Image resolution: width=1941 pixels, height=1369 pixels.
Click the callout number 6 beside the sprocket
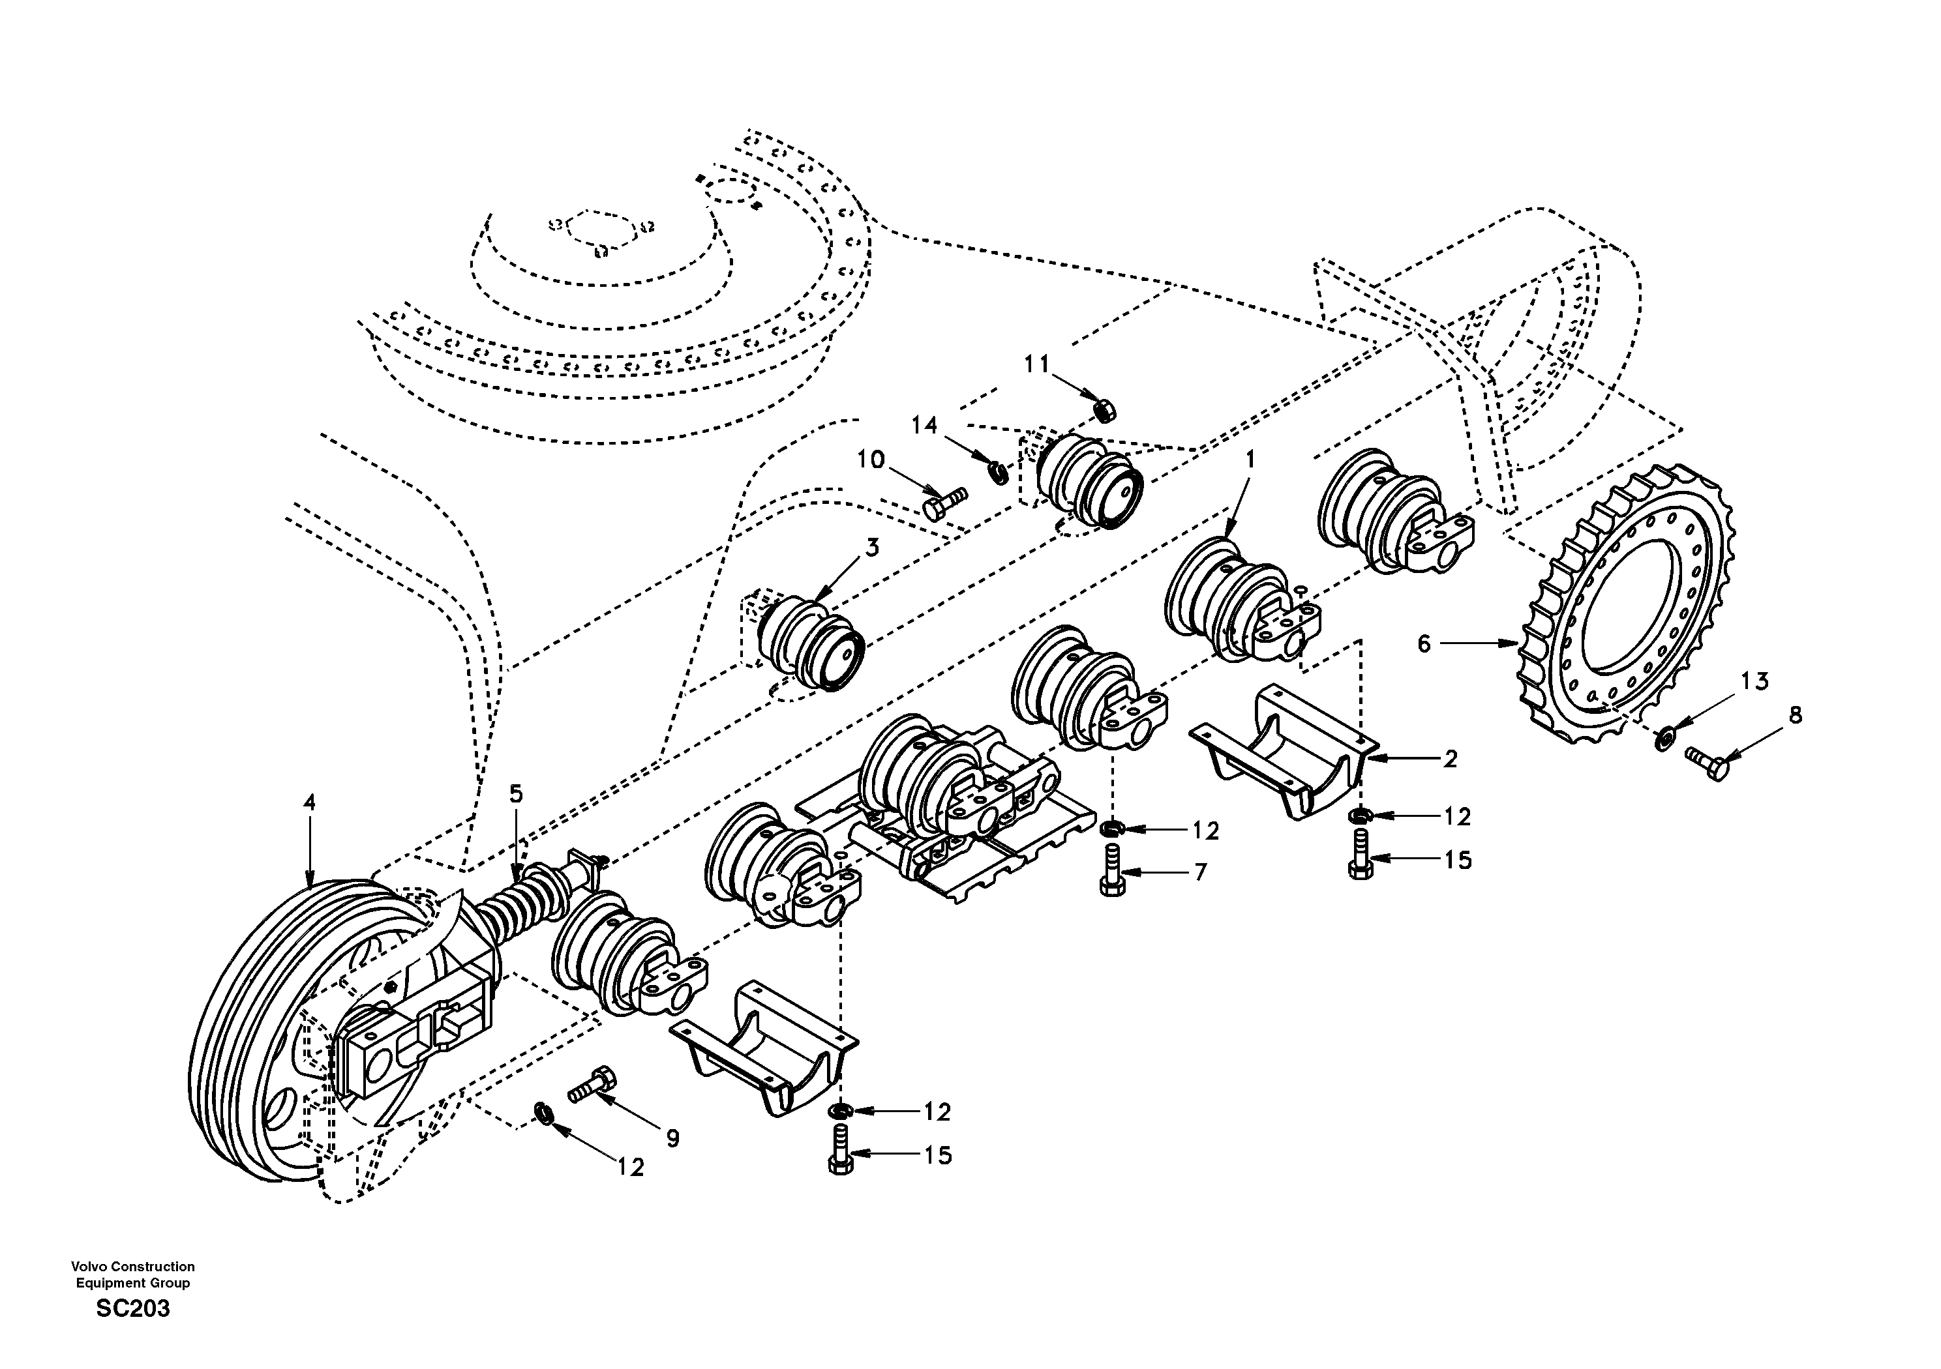pyautogui.click(x=1424, y=645)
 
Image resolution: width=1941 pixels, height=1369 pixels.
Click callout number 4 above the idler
pyautogui.click(x=309, y=802)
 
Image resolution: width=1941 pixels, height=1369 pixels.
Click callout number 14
pyautogui.click(x=924, y=425)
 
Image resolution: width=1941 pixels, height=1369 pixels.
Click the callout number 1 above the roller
pyautogui.click(x=1250, y=460)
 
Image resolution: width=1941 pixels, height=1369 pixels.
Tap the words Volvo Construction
pyautogui.click(x=132, y=1267)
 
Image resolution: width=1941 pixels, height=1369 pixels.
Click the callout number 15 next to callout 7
pyautogui.click(x=1458, y=861)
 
